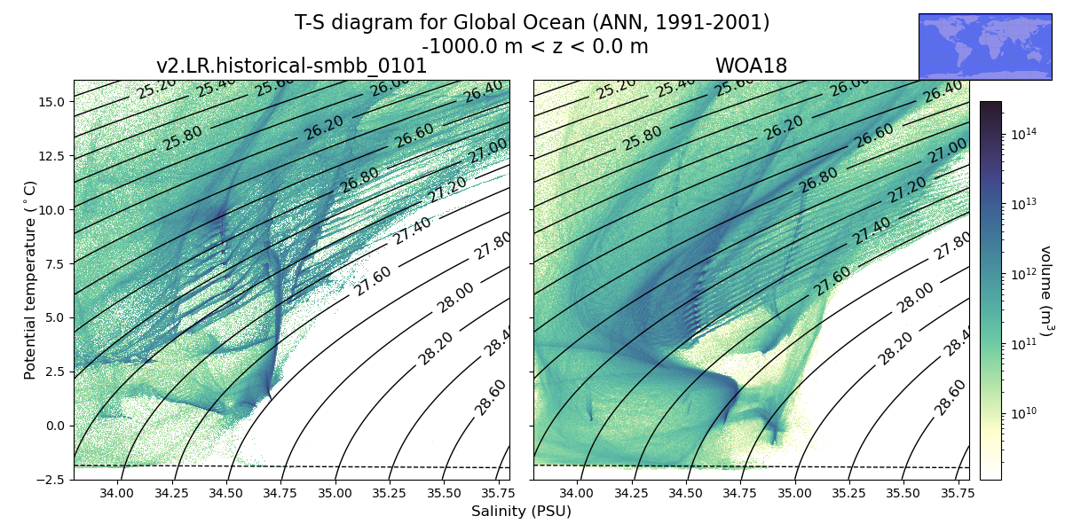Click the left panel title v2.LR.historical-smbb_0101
(291, 66)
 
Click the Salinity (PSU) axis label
(521, 512)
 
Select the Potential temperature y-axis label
(31, 280)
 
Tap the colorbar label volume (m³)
(1045, 291)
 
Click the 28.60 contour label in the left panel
(491, 396)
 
